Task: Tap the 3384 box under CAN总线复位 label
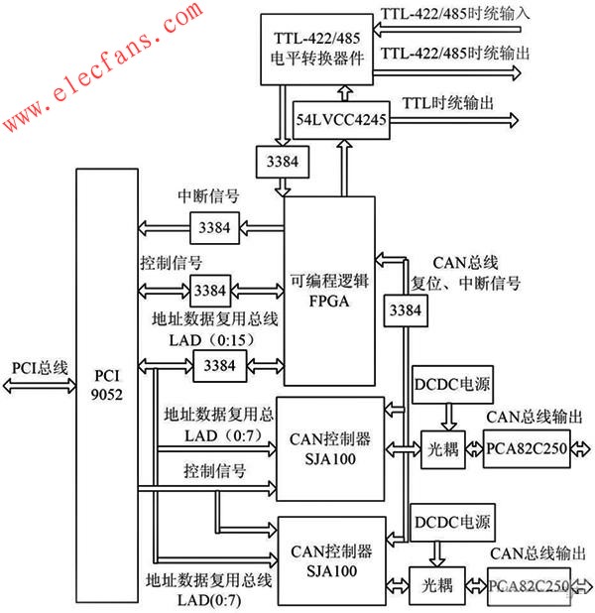click(x=404, y=310)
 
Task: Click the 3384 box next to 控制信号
click(x=209, y=291)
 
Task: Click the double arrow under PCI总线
click(x=40, y=389)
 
